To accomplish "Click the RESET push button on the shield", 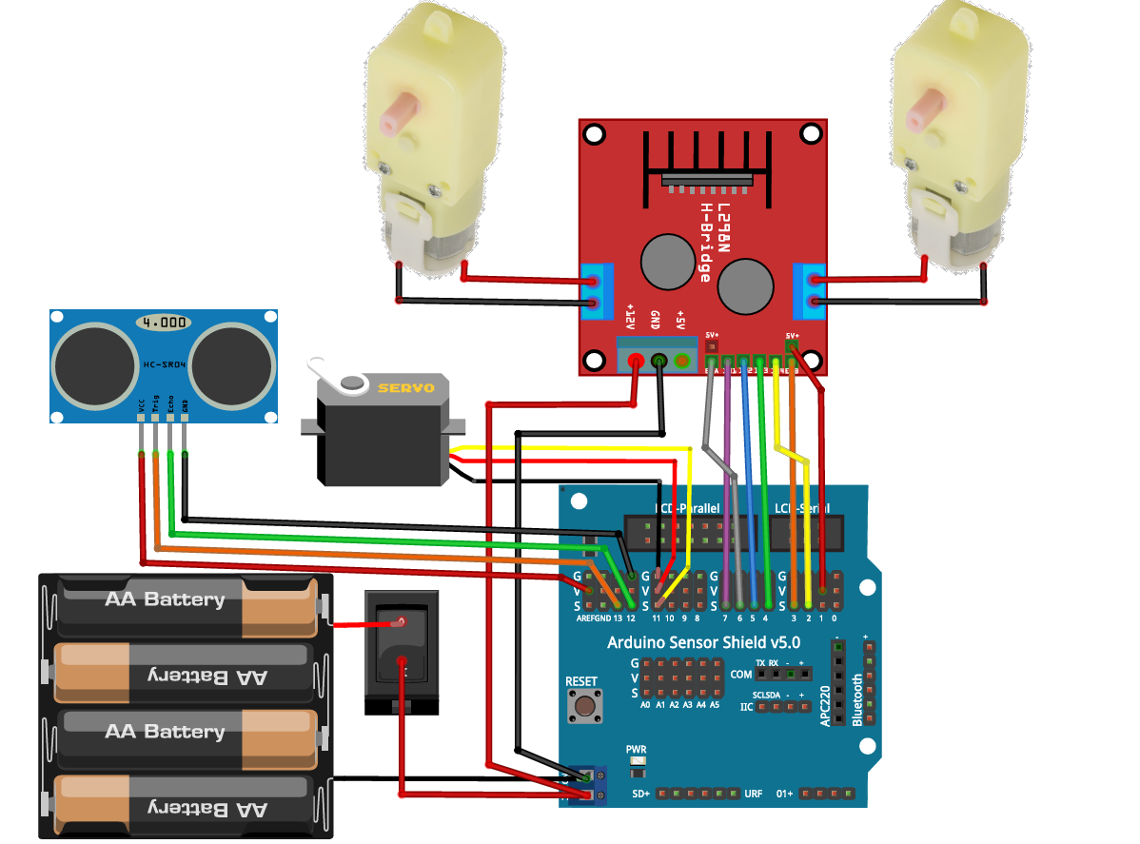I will coord(581,706).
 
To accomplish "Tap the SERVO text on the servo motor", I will coord(406,388).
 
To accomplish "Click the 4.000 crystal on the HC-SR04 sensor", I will coord(163,323).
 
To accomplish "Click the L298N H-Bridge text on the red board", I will coord(715,242).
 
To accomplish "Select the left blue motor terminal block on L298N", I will coord(596,292).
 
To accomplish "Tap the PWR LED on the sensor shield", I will coord(637,764).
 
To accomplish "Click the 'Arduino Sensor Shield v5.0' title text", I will coord(703,643).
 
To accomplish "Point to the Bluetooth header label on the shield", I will coord(856,699).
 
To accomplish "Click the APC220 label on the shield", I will coord(825,705).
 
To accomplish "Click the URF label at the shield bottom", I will coord(753,794).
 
